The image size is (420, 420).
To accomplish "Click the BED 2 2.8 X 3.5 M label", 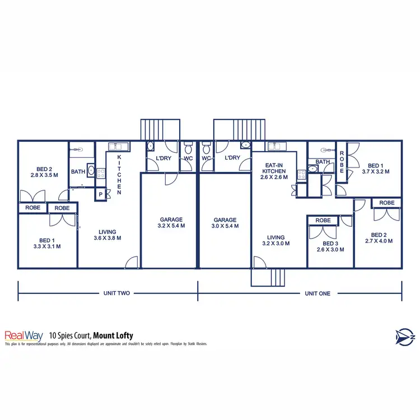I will click(x=44, y=172).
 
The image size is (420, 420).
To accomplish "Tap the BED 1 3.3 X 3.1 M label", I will click(x=47, y=242).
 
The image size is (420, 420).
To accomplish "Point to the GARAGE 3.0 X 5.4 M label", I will click(x=225, y=223).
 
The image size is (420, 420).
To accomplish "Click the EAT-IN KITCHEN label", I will click(x=274, y=170).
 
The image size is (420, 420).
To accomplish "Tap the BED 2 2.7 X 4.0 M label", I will click(x=379, y=238).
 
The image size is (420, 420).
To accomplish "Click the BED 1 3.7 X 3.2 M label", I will click(x=375, y=169).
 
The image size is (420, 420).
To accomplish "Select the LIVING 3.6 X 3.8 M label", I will click(x=107, y=235).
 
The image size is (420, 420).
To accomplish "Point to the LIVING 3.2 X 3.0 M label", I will click(x=276, y=240).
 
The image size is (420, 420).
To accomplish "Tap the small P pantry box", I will click(x=101, y=194).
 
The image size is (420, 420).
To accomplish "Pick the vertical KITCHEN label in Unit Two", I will click(x=119, y=174).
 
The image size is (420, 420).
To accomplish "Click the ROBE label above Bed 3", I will click(x=323, y=221).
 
